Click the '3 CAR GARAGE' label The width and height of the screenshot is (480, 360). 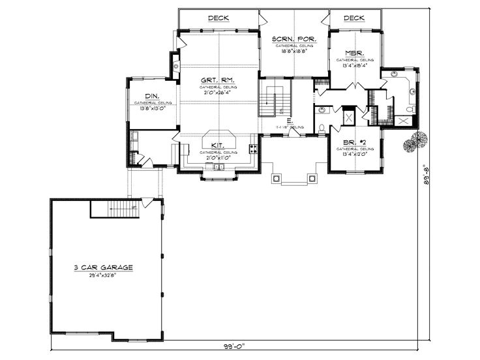tap(104, 267)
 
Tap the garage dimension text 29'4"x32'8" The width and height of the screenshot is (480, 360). tap(104, 275)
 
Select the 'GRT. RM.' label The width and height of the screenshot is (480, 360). tap(218, 80)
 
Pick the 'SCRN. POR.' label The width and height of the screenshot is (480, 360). tap(294, 39)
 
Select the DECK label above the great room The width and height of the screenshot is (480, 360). tap(218, 18)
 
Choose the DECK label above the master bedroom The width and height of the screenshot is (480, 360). tap(353, 18)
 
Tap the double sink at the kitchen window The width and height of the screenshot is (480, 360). tap(218, 168)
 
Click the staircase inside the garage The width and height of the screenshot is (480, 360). tap(114, 210)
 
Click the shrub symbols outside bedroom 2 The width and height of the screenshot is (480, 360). tap(413, 141)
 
